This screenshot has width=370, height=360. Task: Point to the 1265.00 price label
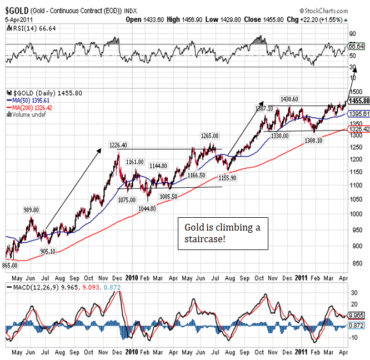click(209, 136)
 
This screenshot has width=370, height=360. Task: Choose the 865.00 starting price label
click(11, 266)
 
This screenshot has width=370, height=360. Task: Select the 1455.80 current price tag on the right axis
click(359, 101)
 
